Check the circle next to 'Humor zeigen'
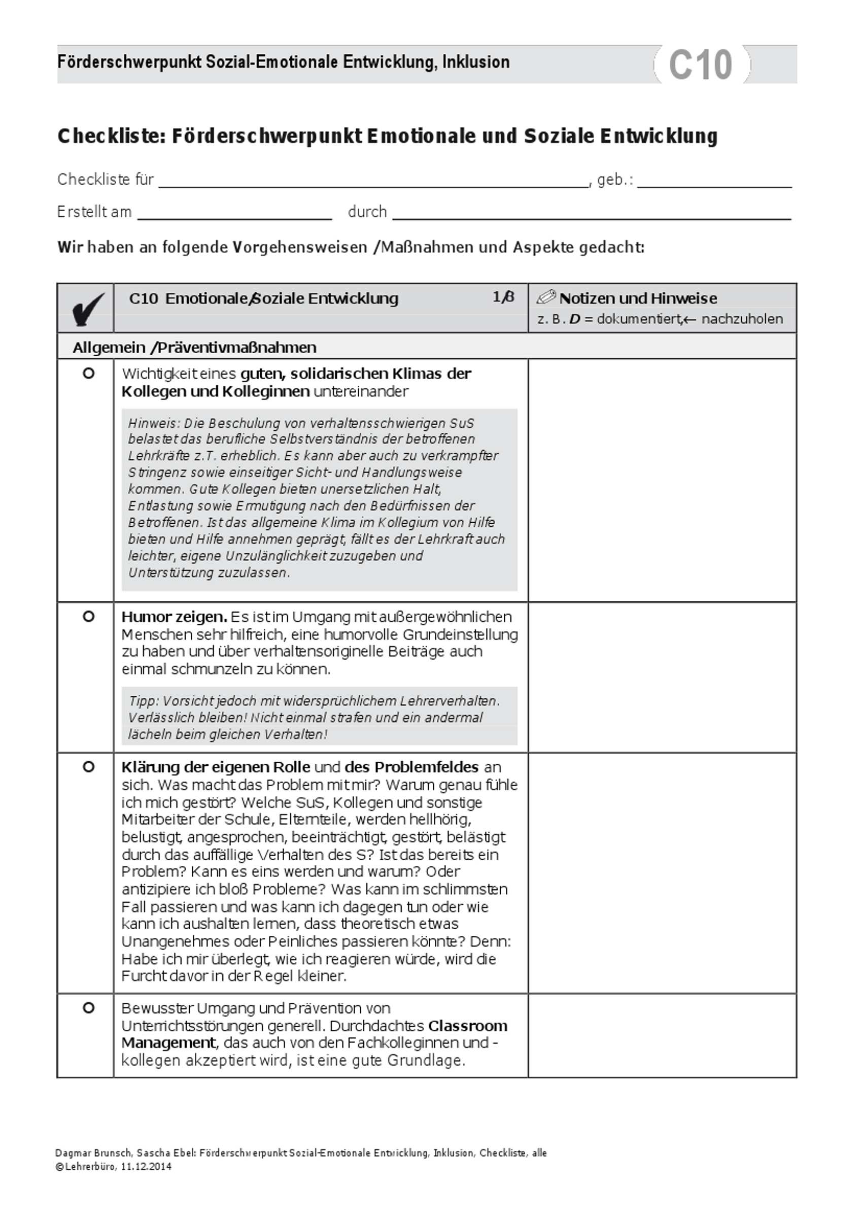[89, 617]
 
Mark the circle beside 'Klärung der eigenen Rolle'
[89, 767]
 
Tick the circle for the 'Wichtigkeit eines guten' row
[89, 373]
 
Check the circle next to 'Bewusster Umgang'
[89, 1008]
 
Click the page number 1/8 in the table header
[503, 297]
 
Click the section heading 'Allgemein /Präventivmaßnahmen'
[194, 348]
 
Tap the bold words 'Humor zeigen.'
[174, 617]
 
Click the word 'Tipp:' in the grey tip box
[143, 701]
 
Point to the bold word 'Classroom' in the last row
[468, 1026]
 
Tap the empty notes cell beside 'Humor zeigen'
[662, 677]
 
